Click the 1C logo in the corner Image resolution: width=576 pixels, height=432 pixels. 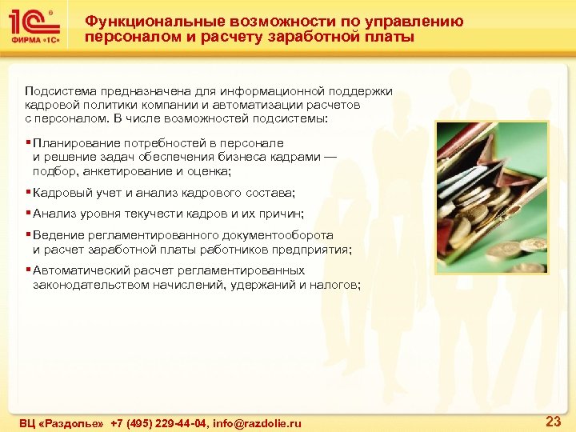(33, 22)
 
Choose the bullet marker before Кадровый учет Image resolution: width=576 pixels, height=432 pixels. (28, 193)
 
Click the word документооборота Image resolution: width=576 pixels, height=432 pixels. (276, 235)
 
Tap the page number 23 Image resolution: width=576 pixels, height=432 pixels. (552, 421)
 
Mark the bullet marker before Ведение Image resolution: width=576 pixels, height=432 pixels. (28, 235)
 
